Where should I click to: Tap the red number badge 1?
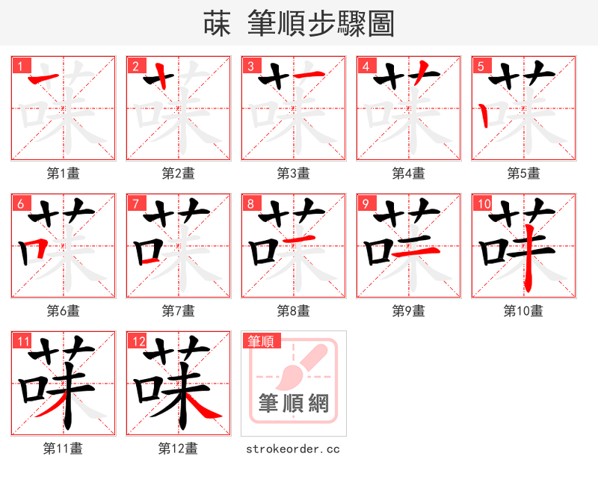pyautogui.click(x=19, y=65)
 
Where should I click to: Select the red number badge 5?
pyautogui.click(x=479, y=65)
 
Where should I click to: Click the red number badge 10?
pyautogui.click(x=483, y=203)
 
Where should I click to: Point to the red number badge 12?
pyautogui.click(x=138, y=341)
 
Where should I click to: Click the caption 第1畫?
pyautogui.click(x=63, y=173)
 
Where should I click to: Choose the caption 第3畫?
pyautogui.click(x=293, y=173)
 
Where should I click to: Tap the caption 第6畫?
pyautogui.click(x=63, y=310)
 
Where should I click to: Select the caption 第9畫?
pyautogui.click(x=408, y=310)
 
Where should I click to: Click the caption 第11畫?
pyautogui.click(x=63, y=448)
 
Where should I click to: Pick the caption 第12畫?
pyautogui.click(x=178, y=448)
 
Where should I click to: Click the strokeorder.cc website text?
pyautogui.click(x=293, y=449)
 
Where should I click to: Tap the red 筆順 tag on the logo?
pyautogui.click(x=261, y=341)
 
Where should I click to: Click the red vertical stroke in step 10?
pyautogui.click(x=528, y=262)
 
